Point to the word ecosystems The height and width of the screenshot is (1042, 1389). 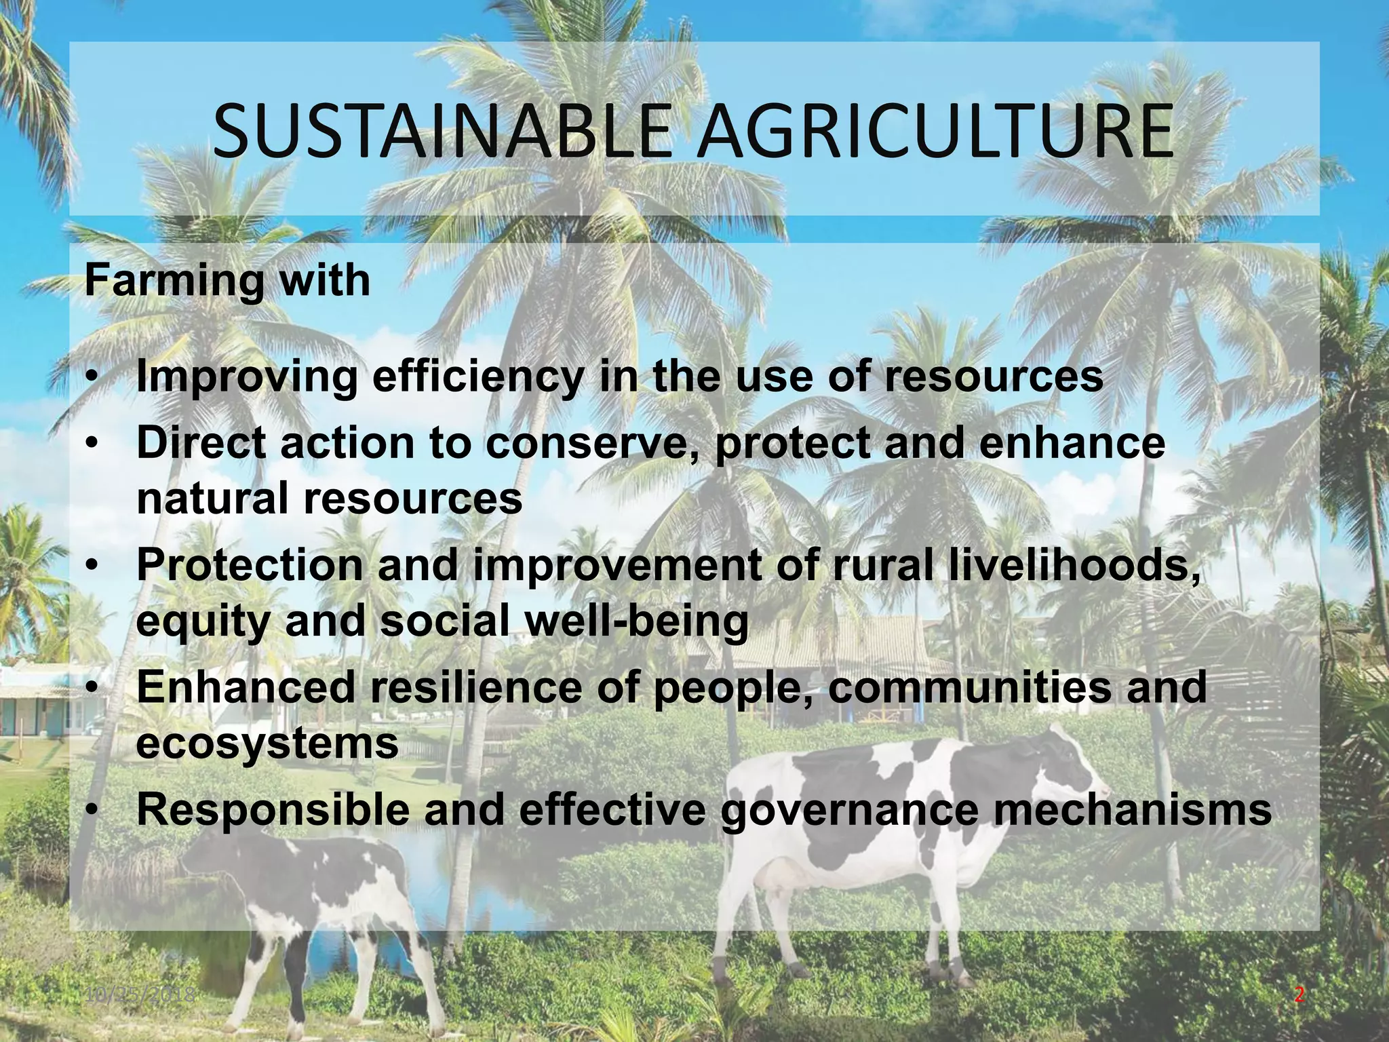coord(267,743)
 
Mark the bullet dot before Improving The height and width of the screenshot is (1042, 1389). coord(94,378)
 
